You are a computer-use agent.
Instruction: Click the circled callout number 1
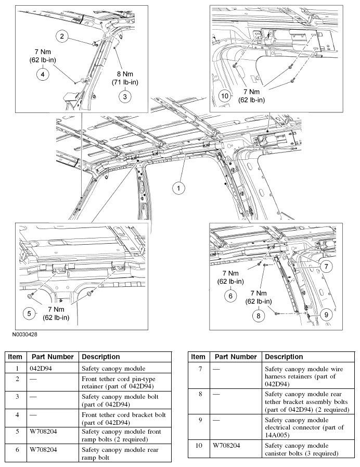(x=178, y=188)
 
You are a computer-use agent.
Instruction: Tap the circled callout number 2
(x=62, y=36)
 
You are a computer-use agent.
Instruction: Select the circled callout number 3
(x=125, y=96)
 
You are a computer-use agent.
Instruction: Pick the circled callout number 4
(x=43, y=74)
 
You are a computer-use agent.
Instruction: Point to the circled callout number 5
(x=29, y=313)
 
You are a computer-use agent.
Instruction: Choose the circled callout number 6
(x=230, y=296)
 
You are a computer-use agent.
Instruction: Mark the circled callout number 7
(x=326, y=266)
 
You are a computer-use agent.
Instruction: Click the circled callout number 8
(x=258, y=315)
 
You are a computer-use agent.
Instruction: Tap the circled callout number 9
(x=326, y=315)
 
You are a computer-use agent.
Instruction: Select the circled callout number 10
(x=225, y=96)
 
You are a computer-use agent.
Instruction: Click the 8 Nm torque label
(x=125, y=74)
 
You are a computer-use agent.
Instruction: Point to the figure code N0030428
(x=24, y=334)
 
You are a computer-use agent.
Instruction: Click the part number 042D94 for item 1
(x=41, y=369)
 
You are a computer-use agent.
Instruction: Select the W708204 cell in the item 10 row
(x=224, y=446)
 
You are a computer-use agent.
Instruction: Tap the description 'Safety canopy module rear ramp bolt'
(x=120, y=453)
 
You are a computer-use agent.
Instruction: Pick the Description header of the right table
(x=284, y=357)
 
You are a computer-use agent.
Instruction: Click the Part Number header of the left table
(x=53, y=357)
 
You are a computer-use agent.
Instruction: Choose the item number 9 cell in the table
(x=200, y=420)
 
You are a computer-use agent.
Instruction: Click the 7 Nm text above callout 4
(x=43, y=52)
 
